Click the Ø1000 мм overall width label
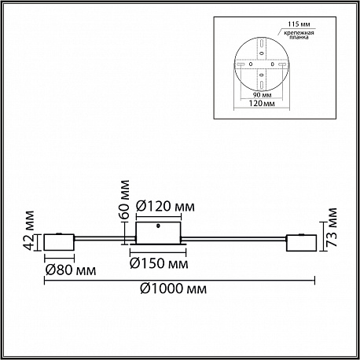(x=173, y=288)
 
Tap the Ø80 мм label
(x=71, y=270)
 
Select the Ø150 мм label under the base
(x=159, y=263)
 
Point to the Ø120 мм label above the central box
(x=165, y=207)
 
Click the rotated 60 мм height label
(x=124, y=200)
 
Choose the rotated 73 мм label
(x=331, y=227)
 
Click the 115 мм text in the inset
(x=299, y=24)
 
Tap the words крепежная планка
(x=299, y=35)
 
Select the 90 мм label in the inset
(x=262, y=95)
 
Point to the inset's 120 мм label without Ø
(x=262, y=104)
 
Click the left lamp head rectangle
(x=59, y=242)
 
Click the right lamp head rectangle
(x=301, y=243)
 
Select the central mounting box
(x=158, y=233)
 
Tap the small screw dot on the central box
(x=158, y=226)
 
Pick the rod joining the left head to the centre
(x=105, y=238)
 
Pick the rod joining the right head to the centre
(x=233, y=238)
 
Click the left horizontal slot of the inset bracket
(x=241, y=64)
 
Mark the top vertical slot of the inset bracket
(x=262, y=43)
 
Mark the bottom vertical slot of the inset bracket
(x=262, y=85)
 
